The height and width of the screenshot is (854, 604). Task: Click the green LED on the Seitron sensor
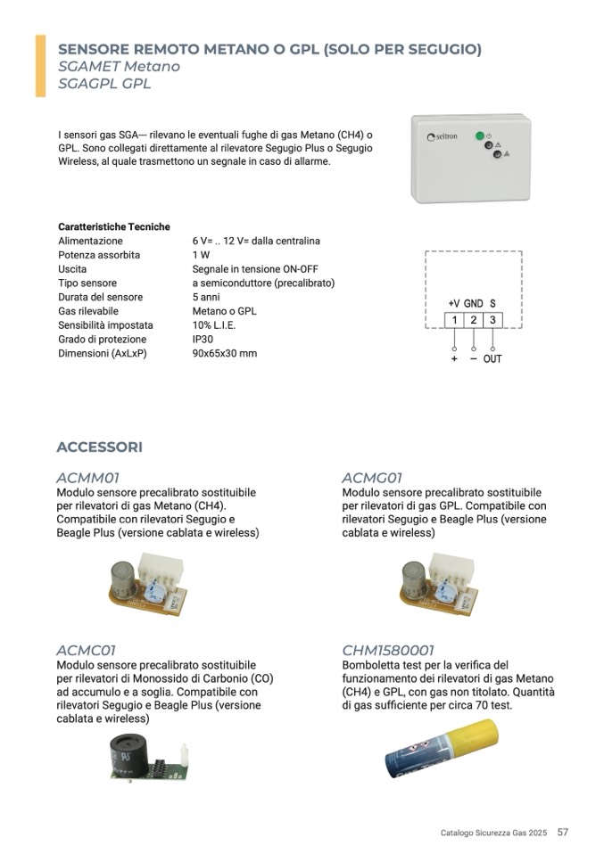[x=480, y=135]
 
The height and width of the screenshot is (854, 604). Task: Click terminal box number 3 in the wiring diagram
[x=492, y=320]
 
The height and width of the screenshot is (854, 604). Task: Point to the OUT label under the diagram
[x=492, y=358]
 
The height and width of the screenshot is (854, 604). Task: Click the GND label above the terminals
[x=473, y=304]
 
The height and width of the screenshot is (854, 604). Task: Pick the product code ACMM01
[x=87, y=478]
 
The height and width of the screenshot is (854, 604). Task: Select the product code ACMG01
[x=372, y=478]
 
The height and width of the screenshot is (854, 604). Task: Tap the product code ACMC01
[x=86, y=650]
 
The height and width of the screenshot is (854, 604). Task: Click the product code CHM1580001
[x=388, y=650]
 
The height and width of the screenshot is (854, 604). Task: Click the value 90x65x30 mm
[x=224, y=354]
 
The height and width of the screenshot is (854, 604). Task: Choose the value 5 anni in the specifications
[x=205, y=297]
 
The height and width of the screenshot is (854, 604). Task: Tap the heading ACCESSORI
[x=99, y=447]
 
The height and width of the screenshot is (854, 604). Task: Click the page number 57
[x=562, y=832]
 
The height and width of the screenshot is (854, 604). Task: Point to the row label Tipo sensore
[x=87, y=283]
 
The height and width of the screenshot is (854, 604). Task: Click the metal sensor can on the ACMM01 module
[x=121, y=579]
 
